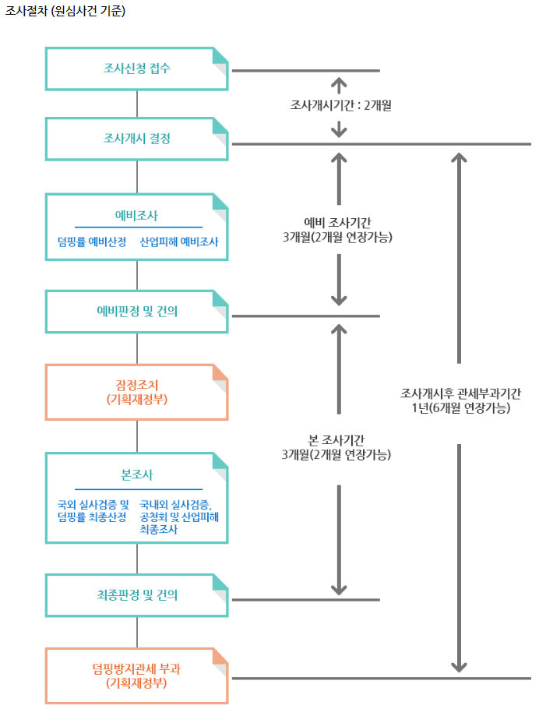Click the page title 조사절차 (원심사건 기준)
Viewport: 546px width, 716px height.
point(65,12)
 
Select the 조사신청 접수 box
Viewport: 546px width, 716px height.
point(137,69)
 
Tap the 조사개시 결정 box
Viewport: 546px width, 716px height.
point(137,139)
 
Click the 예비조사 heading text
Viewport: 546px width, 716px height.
point(137,216)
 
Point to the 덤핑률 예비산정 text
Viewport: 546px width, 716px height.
point(92,242)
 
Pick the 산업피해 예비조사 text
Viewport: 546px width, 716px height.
point(179,242)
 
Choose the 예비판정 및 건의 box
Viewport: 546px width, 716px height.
point(137,311)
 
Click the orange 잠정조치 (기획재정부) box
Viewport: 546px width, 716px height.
point(137,392)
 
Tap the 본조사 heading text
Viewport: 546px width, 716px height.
point(137,474)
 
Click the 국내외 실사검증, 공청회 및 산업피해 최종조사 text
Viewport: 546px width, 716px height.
point(179,517)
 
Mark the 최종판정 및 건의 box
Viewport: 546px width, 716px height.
point(137,595)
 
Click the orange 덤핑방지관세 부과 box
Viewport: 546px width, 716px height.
point(137,675)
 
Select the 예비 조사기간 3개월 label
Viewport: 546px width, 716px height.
point(338,230)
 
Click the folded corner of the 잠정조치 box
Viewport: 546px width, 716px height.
point(220,373)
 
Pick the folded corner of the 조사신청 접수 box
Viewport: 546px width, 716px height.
point(220,57)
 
